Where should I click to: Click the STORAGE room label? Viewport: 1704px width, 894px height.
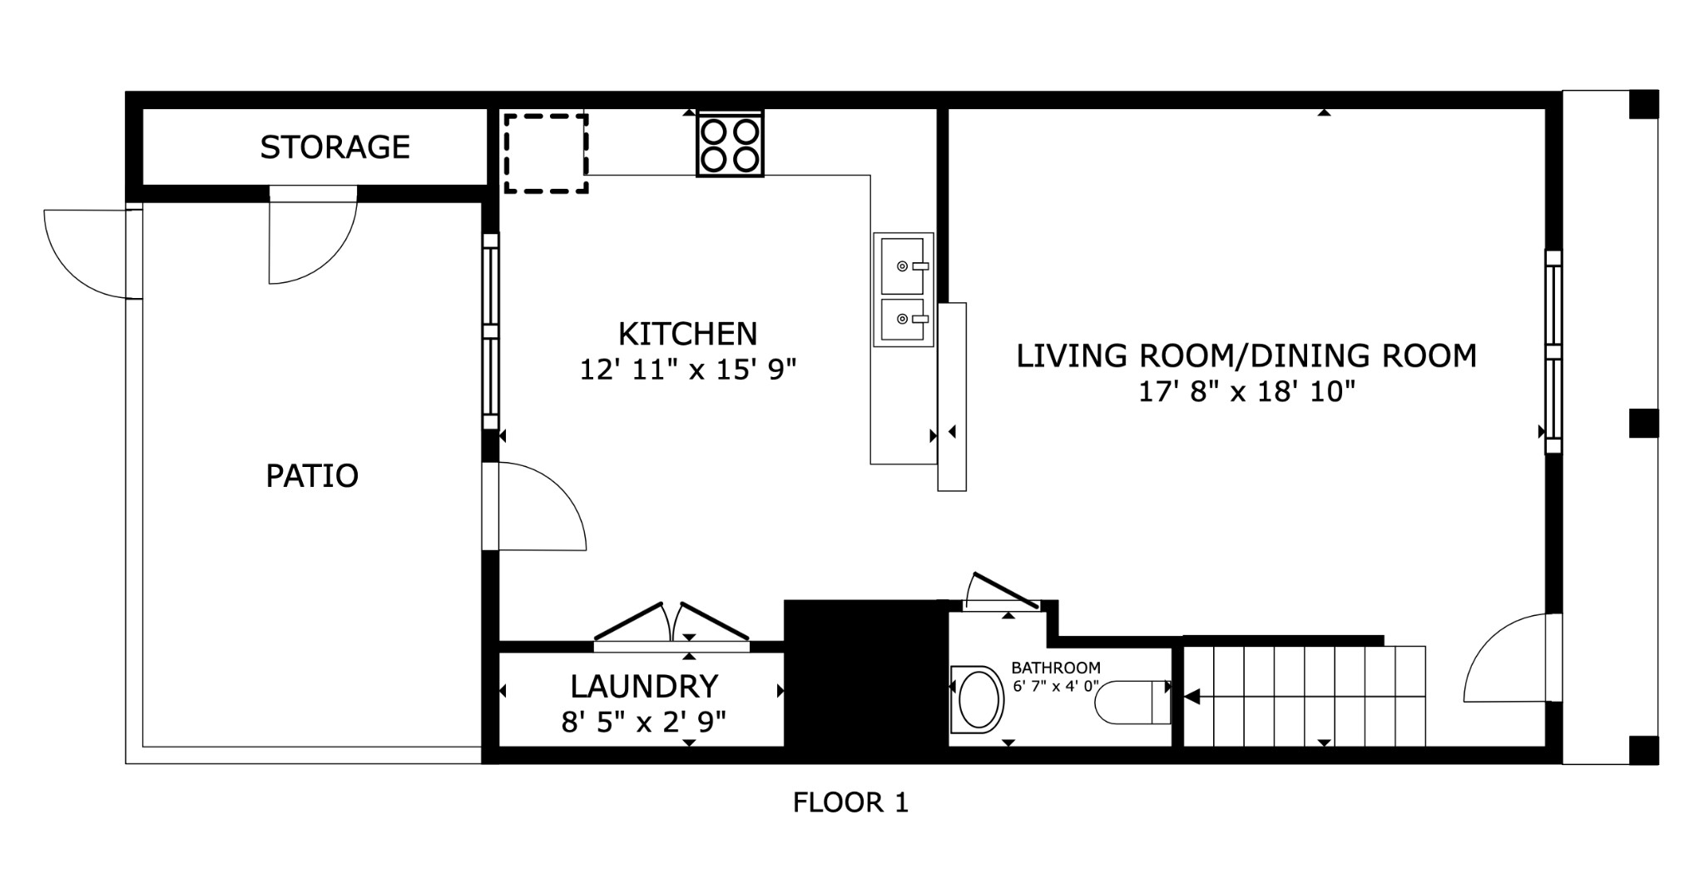tap(334, 147)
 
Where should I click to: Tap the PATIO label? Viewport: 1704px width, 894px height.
tap(312, 476)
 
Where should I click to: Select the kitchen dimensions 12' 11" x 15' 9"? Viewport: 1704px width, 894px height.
tap(687, 370)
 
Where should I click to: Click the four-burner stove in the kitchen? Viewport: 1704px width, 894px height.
tap(730, 144)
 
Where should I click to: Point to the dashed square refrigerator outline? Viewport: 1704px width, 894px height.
tap(546, 154)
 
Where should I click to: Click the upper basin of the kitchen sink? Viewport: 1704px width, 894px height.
tap(902, 266)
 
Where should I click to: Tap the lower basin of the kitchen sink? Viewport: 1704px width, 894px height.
tap(902, 320)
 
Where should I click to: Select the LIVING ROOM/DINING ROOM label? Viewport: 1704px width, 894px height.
tap(1246, 356)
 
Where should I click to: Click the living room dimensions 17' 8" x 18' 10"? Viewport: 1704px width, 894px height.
tap(1246, 392)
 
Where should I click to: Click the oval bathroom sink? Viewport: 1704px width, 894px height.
tap(978, 699)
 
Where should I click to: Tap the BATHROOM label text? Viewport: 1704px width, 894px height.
tap(1055, 668)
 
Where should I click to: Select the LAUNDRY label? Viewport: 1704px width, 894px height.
tap(644, 687)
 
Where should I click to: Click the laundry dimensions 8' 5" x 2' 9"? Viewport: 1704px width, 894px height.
tap(643, 722)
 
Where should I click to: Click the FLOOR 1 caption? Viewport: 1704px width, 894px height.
tap(850, 802)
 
